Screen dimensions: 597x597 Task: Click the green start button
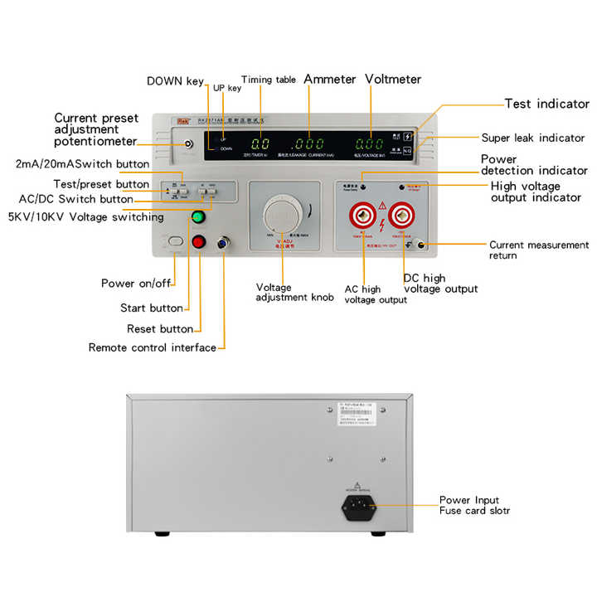pos(198,218)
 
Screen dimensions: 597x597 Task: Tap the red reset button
pos(198,242)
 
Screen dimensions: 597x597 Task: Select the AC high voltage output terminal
pos(365,217)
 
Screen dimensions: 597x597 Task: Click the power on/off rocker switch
pos(174,241)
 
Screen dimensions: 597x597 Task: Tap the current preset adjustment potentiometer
pos(189,144)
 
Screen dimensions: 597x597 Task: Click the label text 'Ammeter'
pos(329,80)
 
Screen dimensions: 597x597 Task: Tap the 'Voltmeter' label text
pos(393,80)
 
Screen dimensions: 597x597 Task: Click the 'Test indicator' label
pos(546,104)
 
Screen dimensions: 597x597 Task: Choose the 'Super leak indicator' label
pos(533,138)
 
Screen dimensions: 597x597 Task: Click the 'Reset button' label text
pos(160,329)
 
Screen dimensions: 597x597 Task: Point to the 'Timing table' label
pos(268,80)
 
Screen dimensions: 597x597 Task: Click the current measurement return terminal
pos(421,245)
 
